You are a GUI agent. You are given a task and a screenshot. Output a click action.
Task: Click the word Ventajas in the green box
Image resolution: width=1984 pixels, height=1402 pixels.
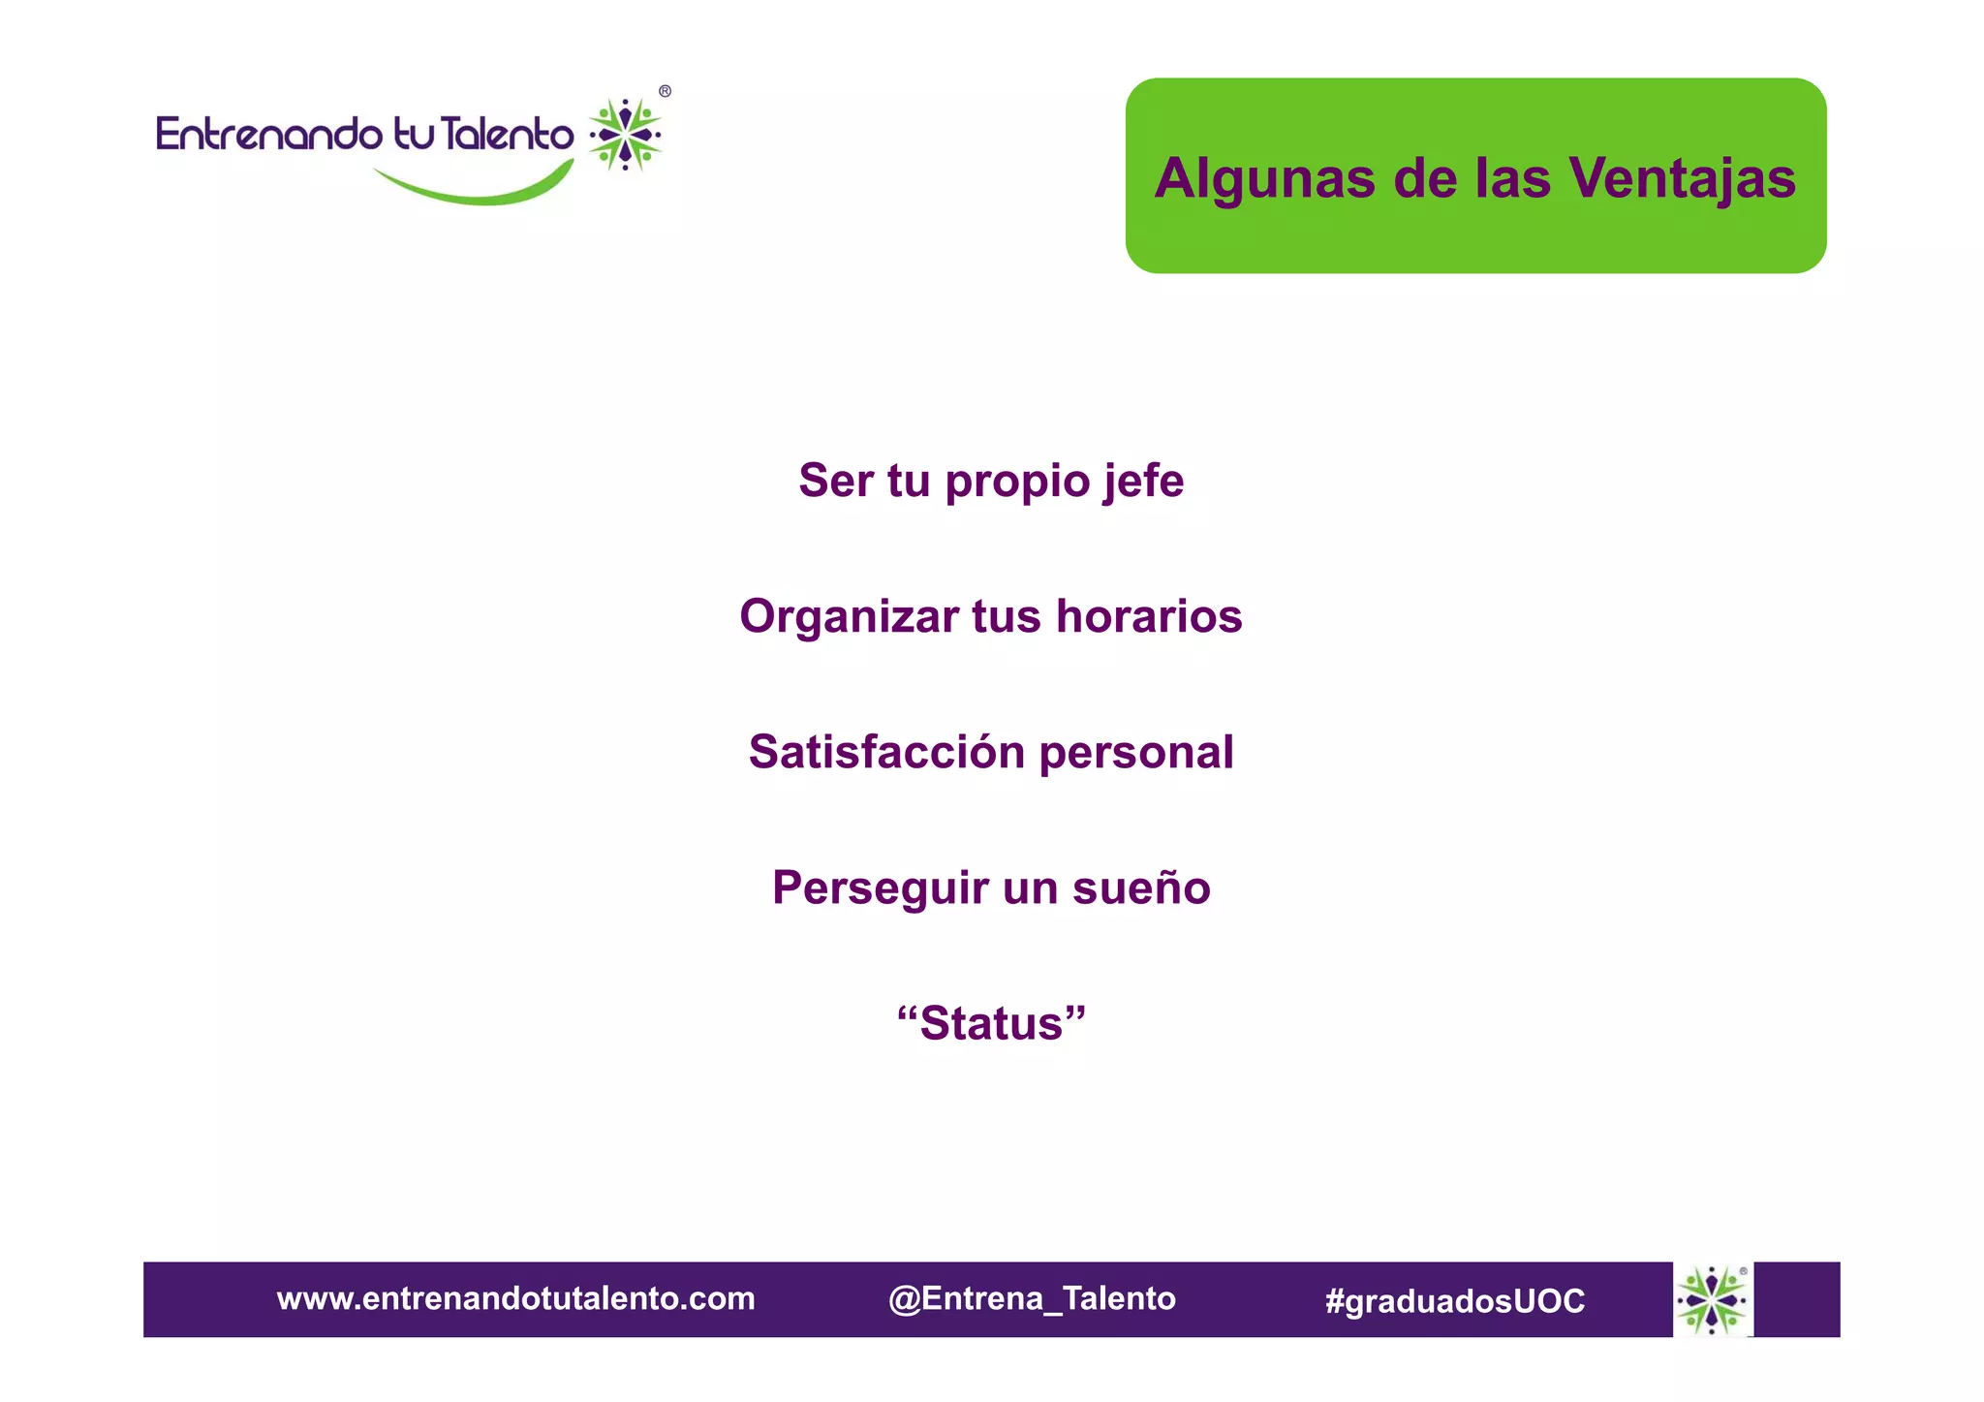(x=1683, y=179)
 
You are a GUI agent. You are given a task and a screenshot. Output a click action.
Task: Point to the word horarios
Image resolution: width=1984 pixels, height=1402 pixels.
(x=1149, y=617)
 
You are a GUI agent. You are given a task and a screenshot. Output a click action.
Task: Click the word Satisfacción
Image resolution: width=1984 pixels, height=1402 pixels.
(x=886, y=752)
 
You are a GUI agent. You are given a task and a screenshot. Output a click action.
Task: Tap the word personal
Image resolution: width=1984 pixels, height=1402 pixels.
(x=1136, y=753)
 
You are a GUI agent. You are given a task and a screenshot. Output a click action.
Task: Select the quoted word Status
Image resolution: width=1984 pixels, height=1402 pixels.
(x=991, y=1024)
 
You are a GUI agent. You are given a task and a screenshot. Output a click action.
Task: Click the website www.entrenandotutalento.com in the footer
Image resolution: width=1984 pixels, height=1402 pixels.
(x=515, y=1298)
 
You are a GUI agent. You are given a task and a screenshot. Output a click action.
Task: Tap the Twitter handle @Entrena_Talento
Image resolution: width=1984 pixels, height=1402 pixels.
(x=1032, y=1298)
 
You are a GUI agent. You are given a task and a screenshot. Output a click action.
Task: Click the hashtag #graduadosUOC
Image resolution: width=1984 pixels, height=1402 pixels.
(x=1454, y=1300)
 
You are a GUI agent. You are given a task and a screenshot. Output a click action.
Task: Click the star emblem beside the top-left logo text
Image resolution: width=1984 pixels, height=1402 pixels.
(x=626, y=135)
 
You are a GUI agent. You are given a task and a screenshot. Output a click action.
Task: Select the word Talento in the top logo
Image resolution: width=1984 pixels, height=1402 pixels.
(x=506, y=134)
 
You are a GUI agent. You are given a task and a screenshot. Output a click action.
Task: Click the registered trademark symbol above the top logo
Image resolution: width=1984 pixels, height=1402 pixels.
(x=665, y=92)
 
